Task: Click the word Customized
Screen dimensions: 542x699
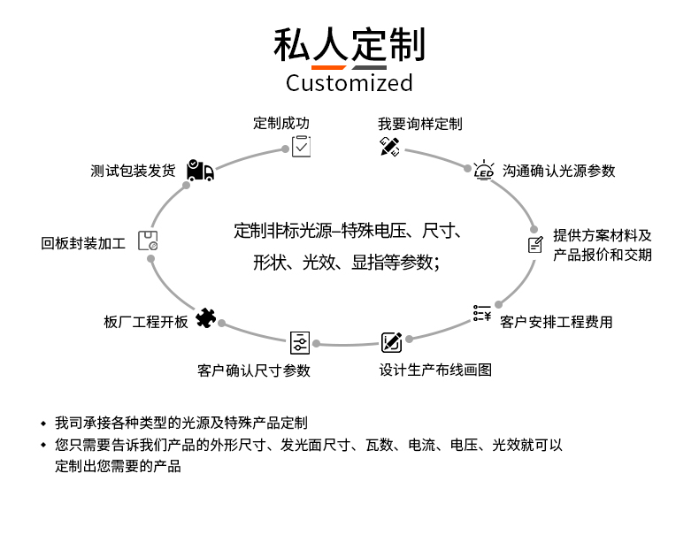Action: [x=349, y=83]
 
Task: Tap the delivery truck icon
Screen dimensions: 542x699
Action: [x=200, y=171]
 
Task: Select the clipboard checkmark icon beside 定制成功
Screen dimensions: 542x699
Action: [x=302, y=146]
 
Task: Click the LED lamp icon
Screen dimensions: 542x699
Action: [x=483, y=171]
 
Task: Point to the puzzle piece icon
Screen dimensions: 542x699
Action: [x=205, y=317]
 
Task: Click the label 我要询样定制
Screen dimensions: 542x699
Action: [x=419, y=124]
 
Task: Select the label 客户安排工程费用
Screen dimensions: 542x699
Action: [x=556, y=322]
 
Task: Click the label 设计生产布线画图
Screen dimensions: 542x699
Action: [x=434, y=370]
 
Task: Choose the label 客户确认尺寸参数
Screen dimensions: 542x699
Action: [x=253, y=370]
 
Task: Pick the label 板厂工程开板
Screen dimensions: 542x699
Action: [x=146, y=322]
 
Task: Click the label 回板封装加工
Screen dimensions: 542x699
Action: [x=83, y=242]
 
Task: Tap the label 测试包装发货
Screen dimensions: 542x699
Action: [x=133, y=171]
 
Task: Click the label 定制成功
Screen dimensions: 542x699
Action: [x=281, y=124]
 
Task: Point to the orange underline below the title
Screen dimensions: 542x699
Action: [x=328, y=67]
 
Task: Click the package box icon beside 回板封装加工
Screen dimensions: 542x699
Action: [x=148, y=240]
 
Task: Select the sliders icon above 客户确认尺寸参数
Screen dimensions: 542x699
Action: [x=300, y=342]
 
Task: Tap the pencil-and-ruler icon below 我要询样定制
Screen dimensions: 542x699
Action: [x=390, y=146]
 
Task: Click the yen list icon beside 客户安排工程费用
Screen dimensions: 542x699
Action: [x=482, y=313]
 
